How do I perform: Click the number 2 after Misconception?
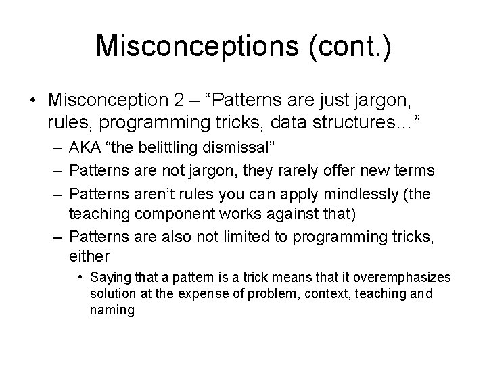click(177, 99)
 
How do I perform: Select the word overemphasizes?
click(400, 278)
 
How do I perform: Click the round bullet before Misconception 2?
click(33, 100)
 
